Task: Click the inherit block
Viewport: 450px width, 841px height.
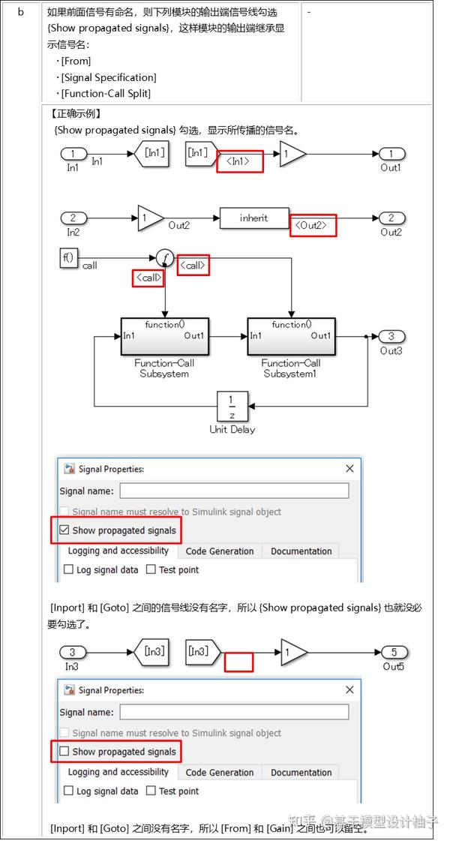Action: point(254,218)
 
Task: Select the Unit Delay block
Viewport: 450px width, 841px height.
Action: point(232,406)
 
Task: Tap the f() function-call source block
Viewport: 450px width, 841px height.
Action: point(68,258)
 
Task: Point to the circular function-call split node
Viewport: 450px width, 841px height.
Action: point(164,258)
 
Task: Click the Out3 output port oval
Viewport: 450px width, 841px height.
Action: point(391,336)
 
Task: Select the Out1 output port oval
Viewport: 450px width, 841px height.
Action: point(391,154)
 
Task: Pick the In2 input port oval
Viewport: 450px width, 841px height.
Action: point(73,218)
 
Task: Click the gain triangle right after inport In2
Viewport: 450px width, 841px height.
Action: point(150,218)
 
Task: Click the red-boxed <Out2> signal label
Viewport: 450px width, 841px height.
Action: point(313,225)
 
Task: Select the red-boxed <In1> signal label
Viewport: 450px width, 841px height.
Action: point(240,161)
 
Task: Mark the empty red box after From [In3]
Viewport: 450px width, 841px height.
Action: point(239,662)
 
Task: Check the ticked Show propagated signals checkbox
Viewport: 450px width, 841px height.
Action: point(64,530)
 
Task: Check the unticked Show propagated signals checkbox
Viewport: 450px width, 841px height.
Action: point(64,751)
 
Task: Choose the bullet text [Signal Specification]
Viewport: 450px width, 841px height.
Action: point(109,77)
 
